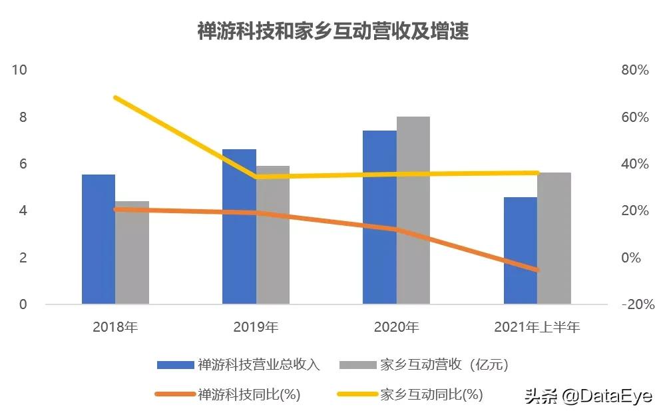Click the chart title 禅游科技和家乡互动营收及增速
click(x=333, y=31)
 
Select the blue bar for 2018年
click(x=99, y=240)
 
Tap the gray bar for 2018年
click(x=132, y=253)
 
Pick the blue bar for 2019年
click(x=239, y=226)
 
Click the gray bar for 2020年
click(x=413, y=210)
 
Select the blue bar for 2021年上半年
click(x=520, y=250)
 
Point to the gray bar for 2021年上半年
click(x=554, y=238)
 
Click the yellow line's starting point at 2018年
click(x=116, y=98)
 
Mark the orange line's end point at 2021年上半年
click(x=537, y=270)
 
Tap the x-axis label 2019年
click(x=256, y=327)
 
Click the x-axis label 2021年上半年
click(x=537, y=327)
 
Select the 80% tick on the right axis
click(x=634, y=70)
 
